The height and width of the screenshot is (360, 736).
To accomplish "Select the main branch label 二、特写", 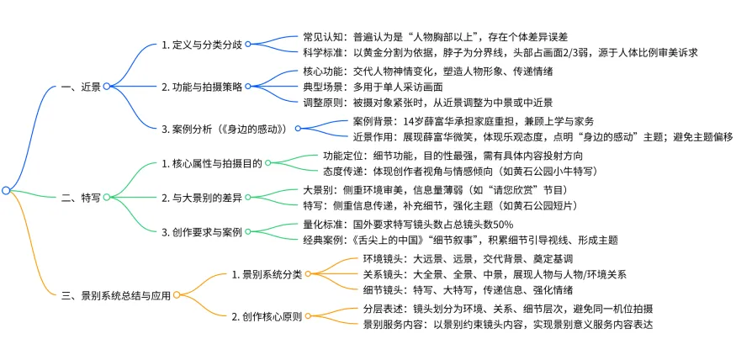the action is pyautogui.click(x=79, y=198).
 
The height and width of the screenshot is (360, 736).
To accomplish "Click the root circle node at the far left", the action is pyautogui.click(x=6, y=191).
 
